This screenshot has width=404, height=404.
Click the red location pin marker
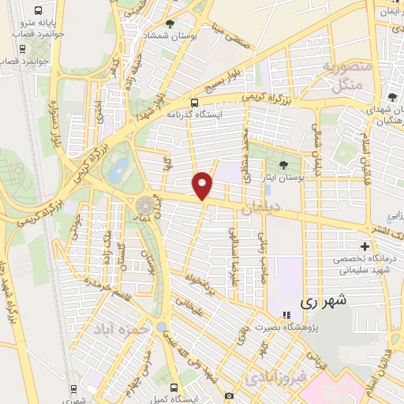[203, 186]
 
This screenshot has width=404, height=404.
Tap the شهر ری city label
[324, 301]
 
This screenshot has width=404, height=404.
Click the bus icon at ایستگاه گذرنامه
[194, 102]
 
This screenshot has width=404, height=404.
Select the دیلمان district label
[261, 208]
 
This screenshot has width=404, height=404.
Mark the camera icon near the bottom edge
[229, 395]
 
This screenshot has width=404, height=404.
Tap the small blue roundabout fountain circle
[161, 327]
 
